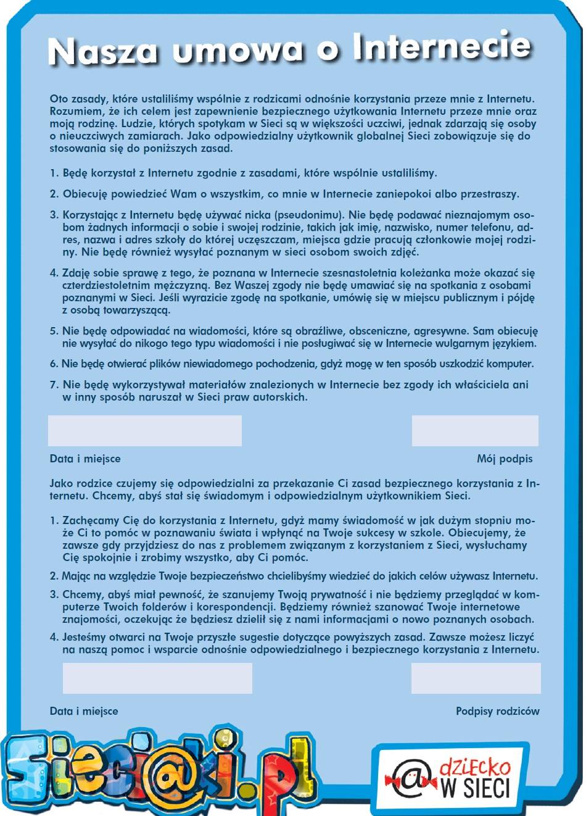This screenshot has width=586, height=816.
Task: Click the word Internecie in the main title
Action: click(x=442, y=47)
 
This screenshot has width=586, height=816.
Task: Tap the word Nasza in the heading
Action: click(x=102, y=52)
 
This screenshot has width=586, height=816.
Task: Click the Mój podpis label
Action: click(x=505, y=459)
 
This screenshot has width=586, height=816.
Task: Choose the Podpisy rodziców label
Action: click(x=497, y=711)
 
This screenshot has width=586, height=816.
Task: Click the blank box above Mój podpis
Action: click(x=475, y=431)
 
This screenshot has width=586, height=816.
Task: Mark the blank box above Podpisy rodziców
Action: click(x=476, y=678)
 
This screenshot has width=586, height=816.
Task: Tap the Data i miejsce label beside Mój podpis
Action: click(x=85, y=459)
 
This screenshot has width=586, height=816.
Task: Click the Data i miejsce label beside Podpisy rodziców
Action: click(x=84, y=711)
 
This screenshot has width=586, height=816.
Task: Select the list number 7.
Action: click(x=54, y=385)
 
